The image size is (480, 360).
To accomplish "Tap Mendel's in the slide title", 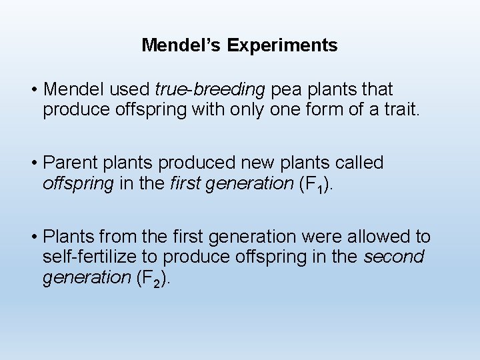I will [x=181, y=45].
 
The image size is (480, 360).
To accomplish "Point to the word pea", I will [x=284, y=89].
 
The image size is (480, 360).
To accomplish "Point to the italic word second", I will [x=394, y=257].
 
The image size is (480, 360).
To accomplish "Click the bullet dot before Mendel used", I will [x=33, y=89].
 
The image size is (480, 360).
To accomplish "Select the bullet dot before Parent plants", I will [x=33, y=163].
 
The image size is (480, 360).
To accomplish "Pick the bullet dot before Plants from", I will [x=33, y=237].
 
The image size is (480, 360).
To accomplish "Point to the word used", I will [x=133, y=89].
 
